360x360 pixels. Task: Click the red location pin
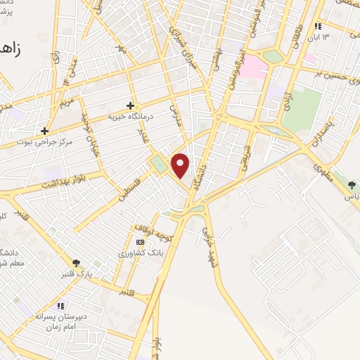[x=181, y=165]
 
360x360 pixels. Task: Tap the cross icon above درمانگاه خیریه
[x=130, y=105]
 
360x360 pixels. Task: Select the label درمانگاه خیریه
[x=130, y=117]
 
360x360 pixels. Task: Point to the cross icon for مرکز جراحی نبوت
[x=45, y=131]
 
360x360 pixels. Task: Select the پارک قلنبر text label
[x=76, y=274]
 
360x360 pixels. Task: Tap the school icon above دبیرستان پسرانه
[x=60, y=306]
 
